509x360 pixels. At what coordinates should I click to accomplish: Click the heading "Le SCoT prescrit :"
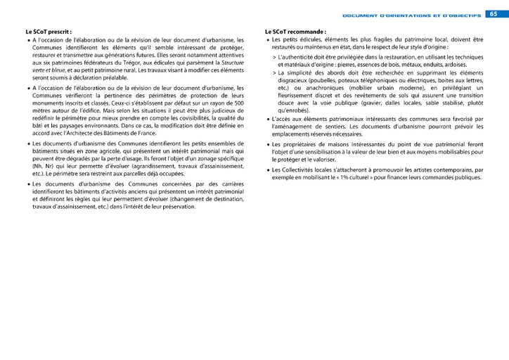[x=49, y=32]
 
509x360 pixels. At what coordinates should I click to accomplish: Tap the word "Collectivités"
[x=308, y=169]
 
